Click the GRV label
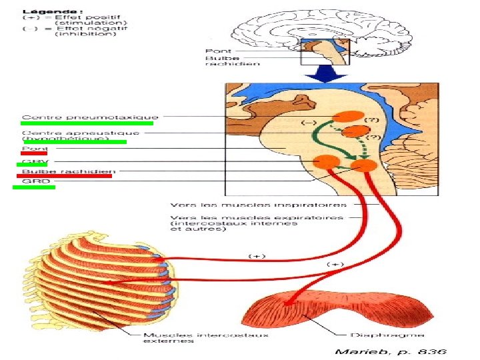click(x=31, y=161)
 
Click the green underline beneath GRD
click(x=34, y=187)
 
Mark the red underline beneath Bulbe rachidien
click(x=63, y=176)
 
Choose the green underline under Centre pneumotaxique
click(x=87, y=123)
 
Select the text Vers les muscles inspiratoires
click(x=259, y=204)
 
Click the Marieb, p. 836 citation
click(x=390, y=351)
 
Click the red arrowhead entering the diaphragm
click(x=288, y=304)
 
